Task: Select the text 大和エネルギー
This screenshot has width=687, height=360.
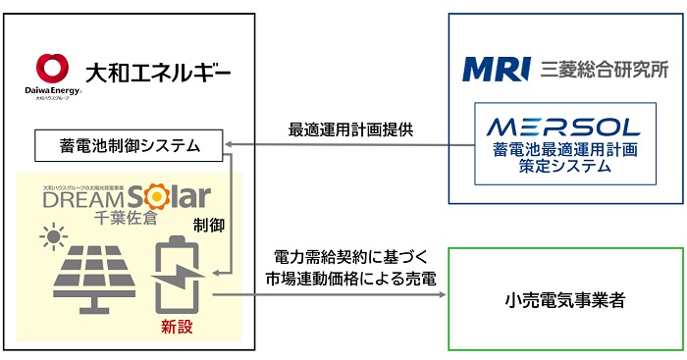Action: coord(160,73)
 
